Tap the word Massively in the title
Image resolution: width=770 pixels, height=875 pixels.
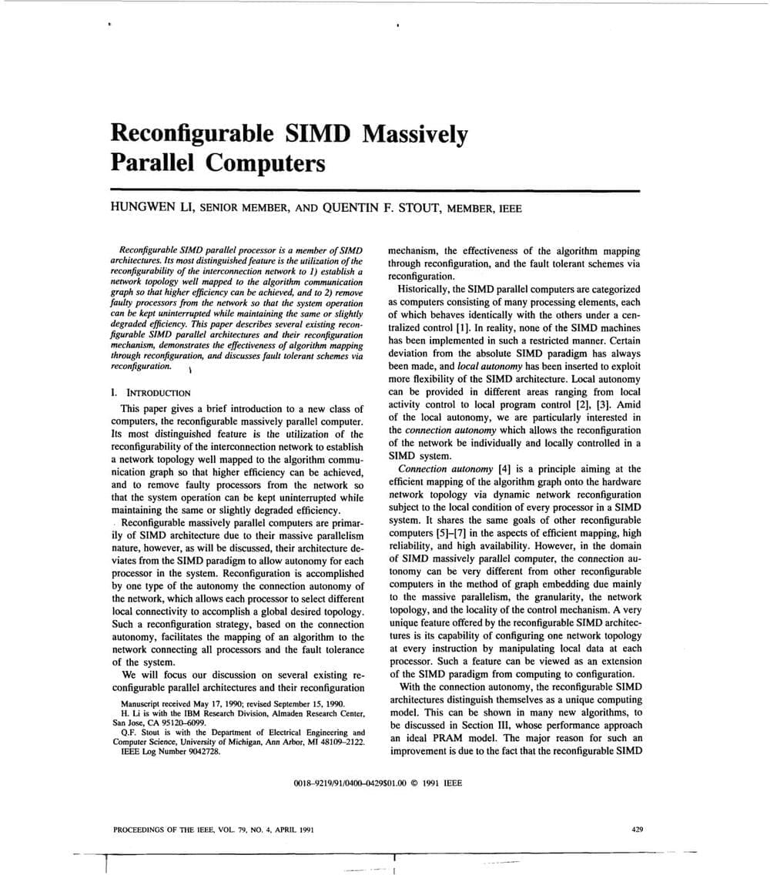[x=415, y=135]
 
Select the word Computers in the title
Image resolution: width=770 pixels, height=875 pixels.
[x=269, y=163]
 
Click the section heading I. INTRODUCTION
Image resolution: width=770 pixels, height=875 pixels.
[x=151, y=393]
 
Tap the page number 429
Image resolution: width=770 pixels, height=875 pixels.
[x=636, y=830]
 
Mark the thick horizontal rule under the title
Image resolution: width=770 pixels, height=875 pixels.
[x=375, y=189]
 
